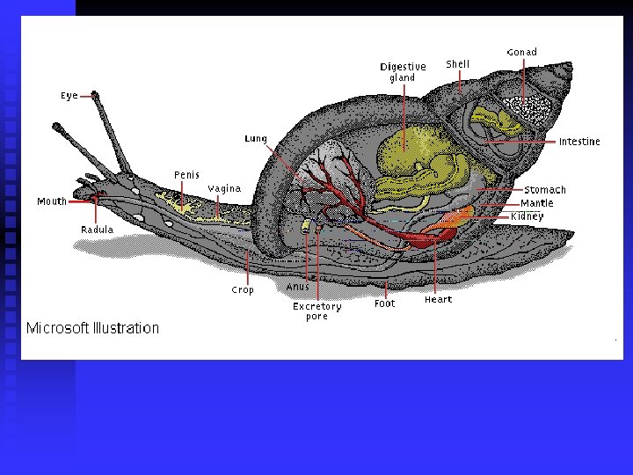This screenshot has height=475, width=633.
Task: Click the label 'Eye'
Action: tap(69, 96)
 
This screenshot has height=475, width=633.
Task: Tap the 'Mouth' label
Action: tap(52, 201)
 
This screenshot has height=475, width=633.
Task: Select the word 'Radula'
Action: tap(97, 230)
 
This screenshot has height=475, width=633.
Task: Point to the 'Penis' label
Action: tap(186, 175)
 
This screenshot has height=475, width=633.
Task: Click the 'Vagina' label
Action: tap(224, 189)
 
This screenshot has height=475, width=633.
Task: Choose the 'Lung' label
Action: tap(256, 139)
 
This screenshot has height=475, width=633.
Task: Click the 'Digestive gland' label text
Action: tap(403, 72)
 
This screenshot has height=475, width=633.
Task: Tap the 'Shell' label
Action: tap(457, 64)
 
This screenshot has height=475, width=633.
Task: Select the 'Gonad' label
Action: tap(521, 53)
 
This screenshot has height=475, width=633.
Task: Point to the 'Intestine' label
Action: tap(579, 142)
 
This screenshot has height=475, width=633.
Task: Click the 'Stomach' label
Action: tap(545, 190)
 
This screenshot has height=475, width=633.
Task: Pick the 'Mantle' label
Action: tap(537, 203)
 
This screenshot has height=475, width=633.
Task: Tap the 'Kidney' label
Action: tap(527, 216)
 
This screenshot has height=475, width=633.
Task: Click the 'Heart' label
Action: tap(438, 300)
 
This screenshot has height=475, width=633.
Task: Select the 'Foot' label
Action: tap(385, 303)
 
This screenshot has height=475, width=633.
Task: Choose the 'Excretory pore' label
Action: tap(317, 311)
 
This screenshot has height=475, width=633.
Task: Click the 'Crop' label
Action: tap(243, 290)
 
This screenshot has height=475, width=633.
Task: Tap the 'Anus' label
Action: tap(297, 287)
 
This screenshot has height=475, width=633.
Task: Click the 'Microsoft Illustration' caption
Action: tap(92, 329)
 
